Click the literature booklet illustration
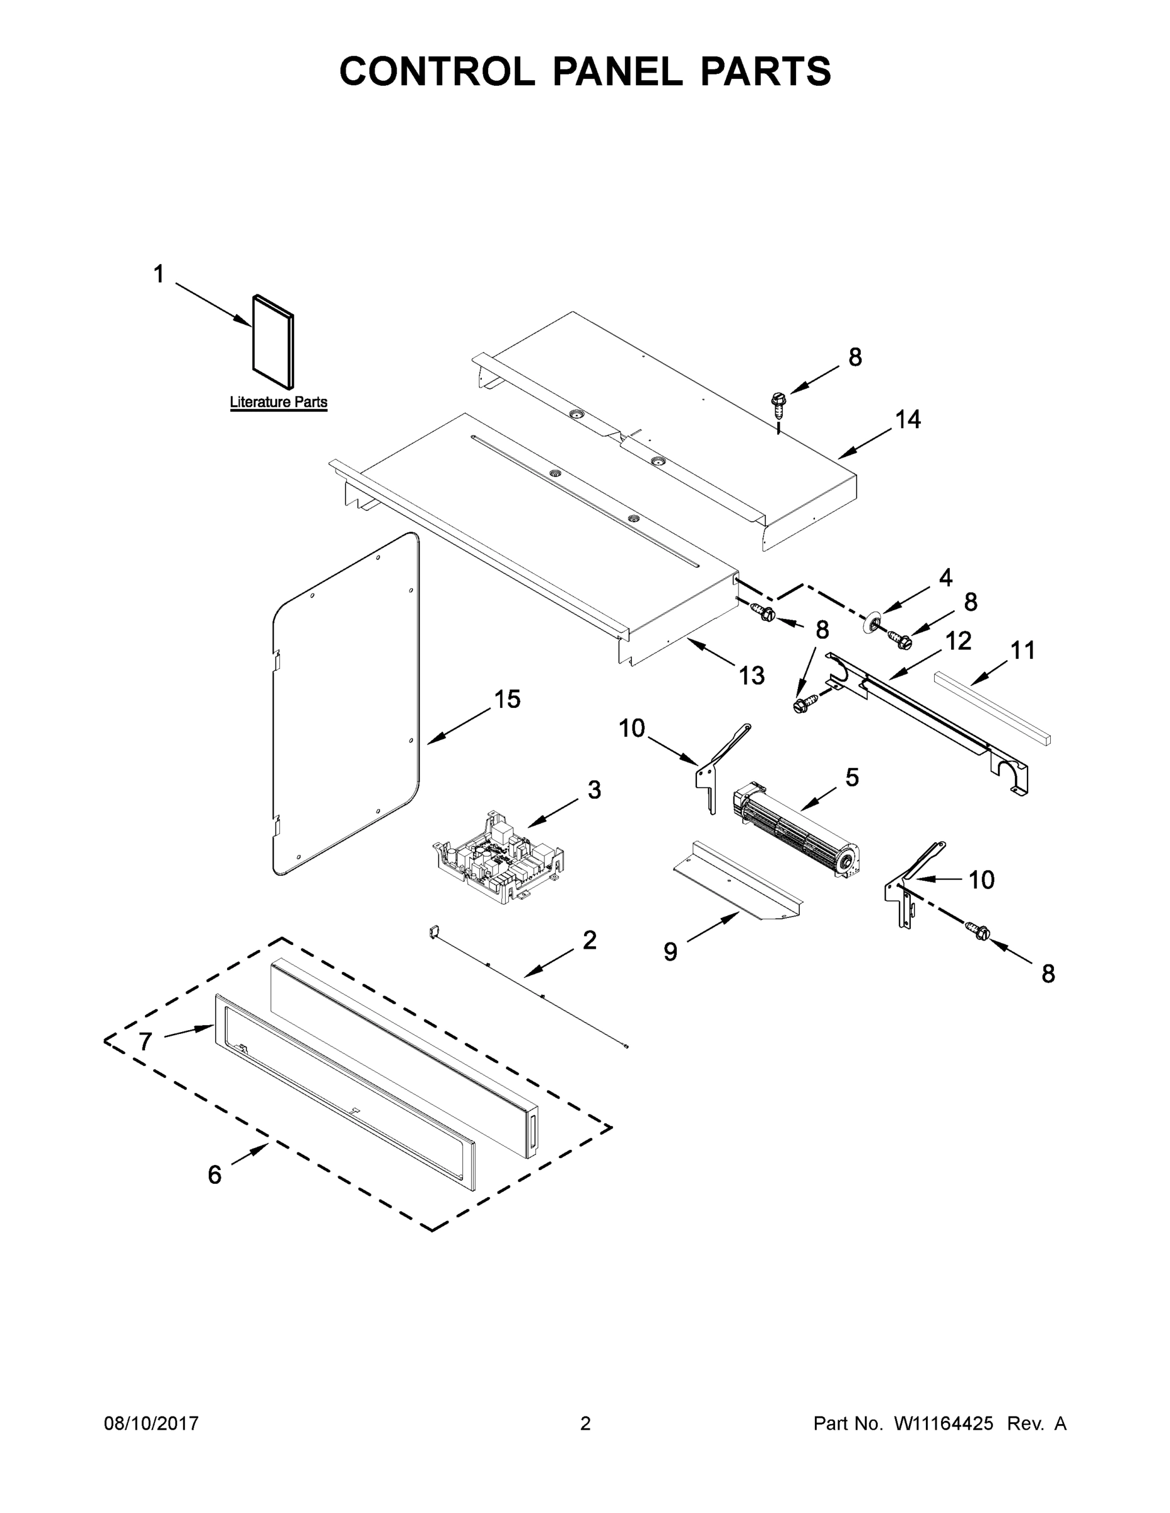(x=272, y=342)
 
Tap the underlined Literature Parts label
(x=278, y=402)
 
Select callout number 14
(x=908, y=419)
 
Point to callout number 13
(x=751, y=675)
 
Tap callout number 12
(x=959, y=641)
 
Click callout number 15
(x=506, y=700)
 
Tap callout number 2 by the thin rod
(x=589, y=940)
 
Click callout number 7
(x=145, y=1041)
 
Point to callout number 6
(x=214, y=1174)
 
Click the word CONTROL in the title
(x=436, y=71)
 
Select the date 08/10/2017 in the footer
(x=151, y=1423)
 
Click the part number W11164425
(x=944, y=1423)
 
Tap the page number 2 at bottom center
(x=585, y=1423)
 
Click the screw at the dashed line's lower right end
(x=980, y=931)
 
